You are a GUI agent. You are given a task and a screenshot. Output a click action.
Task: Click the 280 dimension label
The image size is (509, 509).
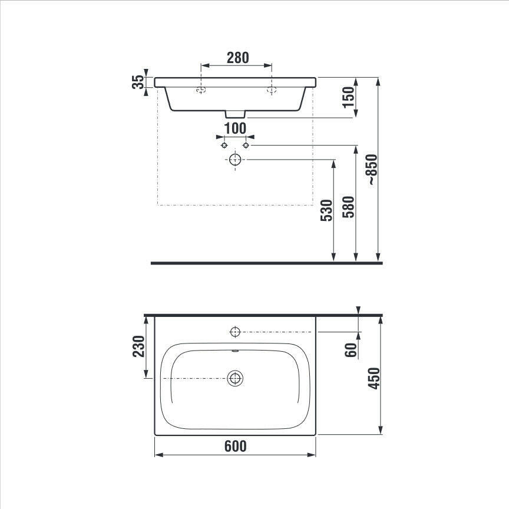pyautogui.click(x=237, y=58)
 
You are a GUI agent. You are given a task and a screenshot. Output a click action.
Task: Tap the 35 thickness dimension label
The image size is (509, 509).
pyautogui.click(x=138, y=82)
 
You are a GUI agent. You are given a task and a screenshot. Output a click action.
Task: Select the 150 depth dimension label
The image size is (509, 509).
pyautogui.click(x=348, y=97)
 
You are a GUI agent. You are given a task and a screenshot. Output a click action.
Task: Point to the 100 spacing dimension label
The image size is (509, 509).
pyautogui.click(x=235, y=128)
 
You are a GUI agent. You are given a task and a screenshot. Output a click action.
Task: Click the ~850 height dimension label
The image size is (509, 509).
pyautogui.click(x=373, y=170)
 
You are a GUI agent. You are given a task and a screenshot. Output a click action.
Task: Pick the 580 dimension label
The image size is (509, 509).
pyautogui.click(x=349, y=207)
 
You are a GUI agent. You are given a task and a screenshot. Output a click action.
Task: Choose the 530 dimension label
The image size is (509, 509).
pyautogui.click(x=326, y=210)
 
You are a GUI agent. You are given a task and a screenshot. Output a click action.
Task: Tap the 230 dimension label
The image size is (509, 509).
pyautogui.click(x=138, y=346)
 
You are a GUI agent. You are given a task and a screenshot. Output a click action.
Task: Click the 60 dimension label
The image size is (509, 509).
pyautogui.click(x=351, y=349)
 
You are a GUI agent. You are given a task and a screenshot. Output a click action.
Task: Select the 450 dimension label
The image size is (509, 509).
pyautogui.click(x=374, y=378)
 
